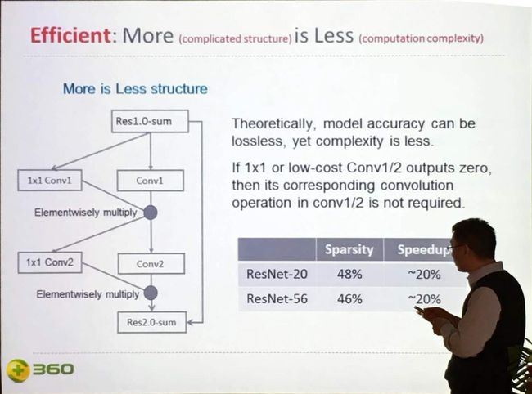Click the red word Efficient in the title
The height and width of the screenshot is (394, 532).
pos(70,35)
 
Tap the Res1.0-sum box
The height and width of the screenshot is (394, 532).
pos(150,121)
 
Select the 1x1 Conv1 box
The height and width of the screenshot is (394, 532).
pos(50,180)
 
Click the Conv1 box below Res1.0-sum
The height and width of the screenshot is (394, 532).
pos(151,181)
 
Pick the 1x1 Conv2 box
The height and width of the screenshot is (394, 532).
pos(50,262)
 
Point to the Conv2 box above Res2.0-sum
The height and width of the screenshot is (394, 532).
pos(151,263)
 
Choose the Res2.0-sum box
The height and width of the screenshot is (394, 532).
pos(151,322)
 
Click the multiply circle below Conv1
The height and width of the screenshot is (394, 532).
pos(151,213)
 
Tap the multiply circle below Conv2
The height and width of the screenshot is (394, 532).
pos(151,293)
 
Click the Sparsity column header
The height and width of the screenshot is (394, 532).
pos(349,249)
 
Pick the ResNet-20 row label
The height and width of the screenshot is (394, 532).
pos(277,274)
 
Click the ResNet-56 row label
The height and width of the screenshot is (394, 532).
pos(277,299)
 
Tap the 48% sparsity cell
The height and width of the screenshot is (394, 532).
pos(349,274)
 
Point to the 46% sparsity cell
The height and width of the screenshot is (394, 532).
pos(349,299)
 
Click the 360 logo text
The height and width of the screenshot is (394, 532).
pos(53,369)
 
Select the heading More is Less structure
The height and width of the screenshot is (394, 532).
pos(135,89)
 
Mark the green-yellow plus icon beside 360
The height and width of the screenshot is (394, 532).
pos(19,370)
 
